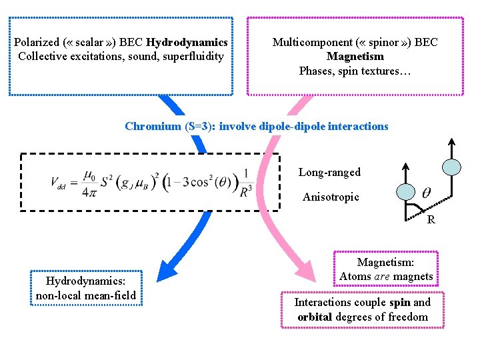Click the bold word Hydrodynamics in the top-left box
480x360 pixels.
point(187,43)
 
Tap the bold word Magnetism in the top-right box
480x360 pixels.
point(355,57)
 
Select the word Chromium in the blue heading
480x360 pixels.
point(153,126)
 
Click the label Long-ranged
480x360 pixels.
point(329,172)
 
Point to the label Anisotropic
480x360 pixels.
point(331,197)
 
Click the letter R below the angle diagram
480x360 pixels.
point(431,219)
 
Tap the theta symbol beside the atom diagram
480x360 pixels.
point(426,193)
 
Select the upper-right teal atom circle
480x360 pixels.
point(451,166)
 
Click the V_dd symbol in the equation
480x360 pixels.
point(59,182)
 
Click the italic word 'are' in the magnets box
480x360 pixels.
point(381,276)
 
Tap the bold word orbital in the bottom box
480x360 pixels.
point(313,317)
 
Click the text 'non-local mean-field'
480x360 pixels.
point(86,295)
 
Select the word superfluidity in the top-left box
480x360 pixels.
point(190,56)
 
